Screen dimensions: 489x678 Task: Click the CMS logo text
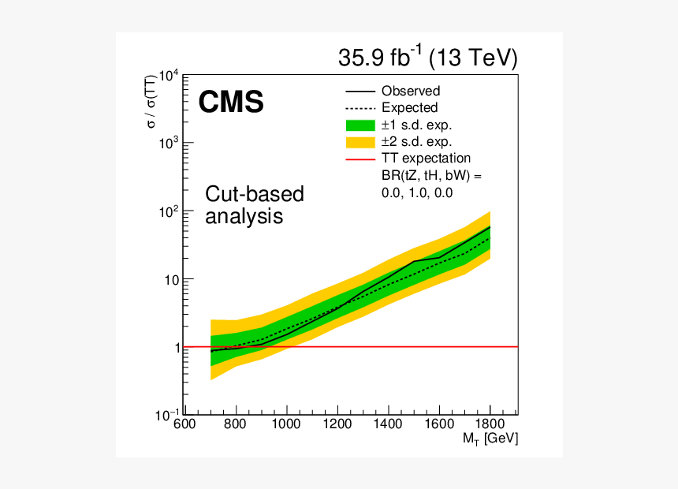[x=230, y=102]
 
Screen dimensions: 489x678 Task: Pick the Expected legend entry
[x=409, y=108]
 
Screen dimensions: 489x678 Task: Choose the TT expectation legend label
[x=426, y=159]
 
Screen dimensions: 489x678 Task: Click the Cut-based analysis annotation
[x=254, y=205]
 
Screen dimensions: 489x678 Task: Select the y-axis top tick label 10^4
[x=168, y=77]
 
